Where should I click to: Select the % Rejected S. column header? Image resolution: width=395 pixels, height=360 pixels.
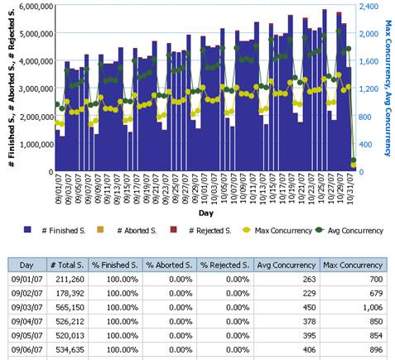coord(224,264)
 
